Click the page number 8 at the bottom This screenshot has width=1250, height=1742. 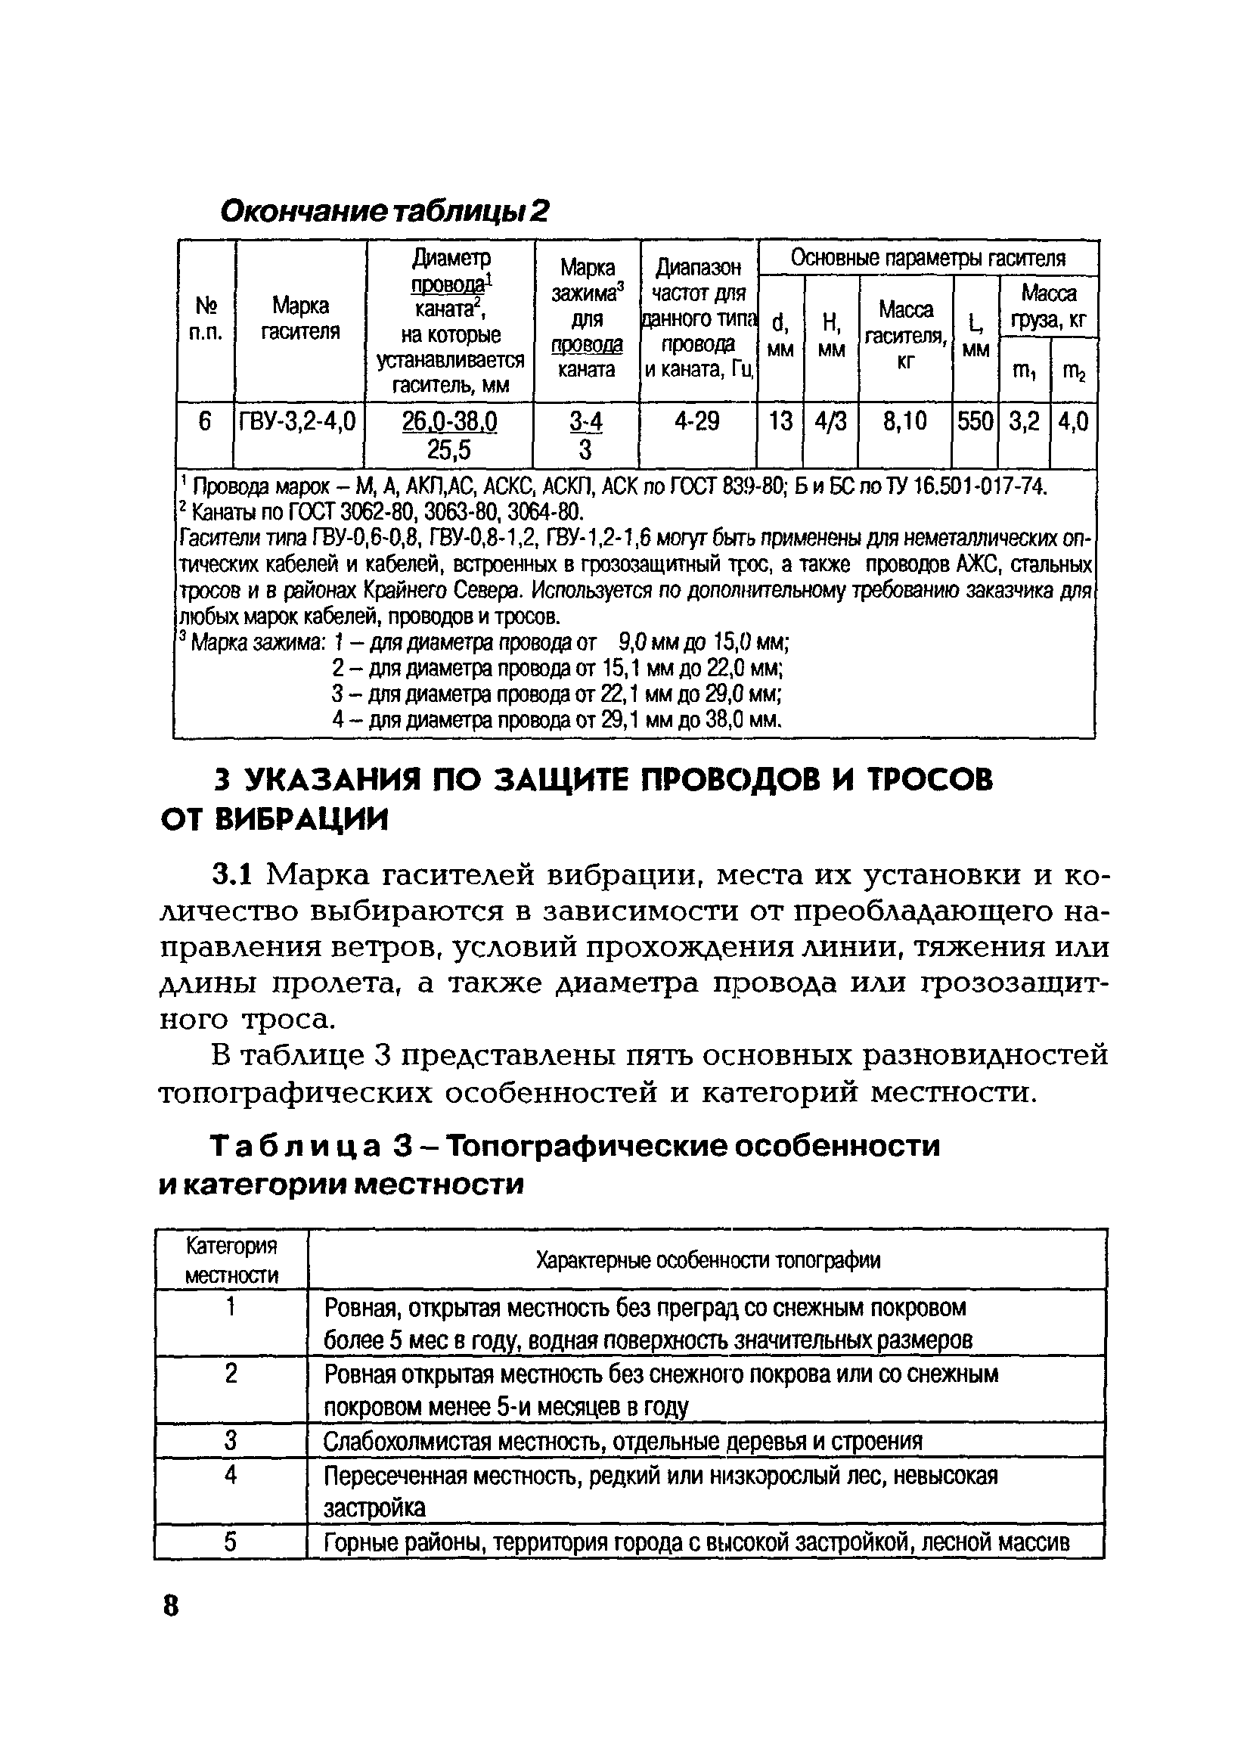click(170, 1605)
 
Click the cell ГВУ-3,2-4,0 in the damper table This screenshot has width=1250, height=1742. click(298, 421)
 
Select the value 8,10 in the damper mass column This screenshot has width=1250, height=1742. click(904, 421)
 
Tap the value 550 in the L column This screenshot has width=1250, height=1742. click(975, 421)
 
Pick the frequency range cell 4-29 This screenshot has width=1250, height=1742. click(697, 421)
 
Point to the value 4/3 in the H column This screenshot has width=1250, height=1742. click(831, 421)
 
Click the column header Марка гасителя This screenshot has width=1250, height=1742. click(300, 318)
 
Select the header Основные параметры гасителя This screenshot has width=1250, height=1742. click(928, 259)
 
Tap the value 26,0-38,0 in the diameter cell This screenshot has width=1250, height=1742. click(450, 421)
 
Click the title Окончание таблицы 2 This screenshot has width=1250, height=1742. click(385, 211)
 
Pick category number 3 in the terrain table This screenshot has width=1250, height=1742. click(230, 1440)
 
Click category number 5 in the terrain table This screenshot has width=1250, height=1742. click(230, 1542)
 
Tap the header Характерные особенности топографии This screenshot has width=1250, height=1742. click(707, 1259)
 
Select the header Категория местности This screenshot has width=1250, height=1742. click(232, 1259)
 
